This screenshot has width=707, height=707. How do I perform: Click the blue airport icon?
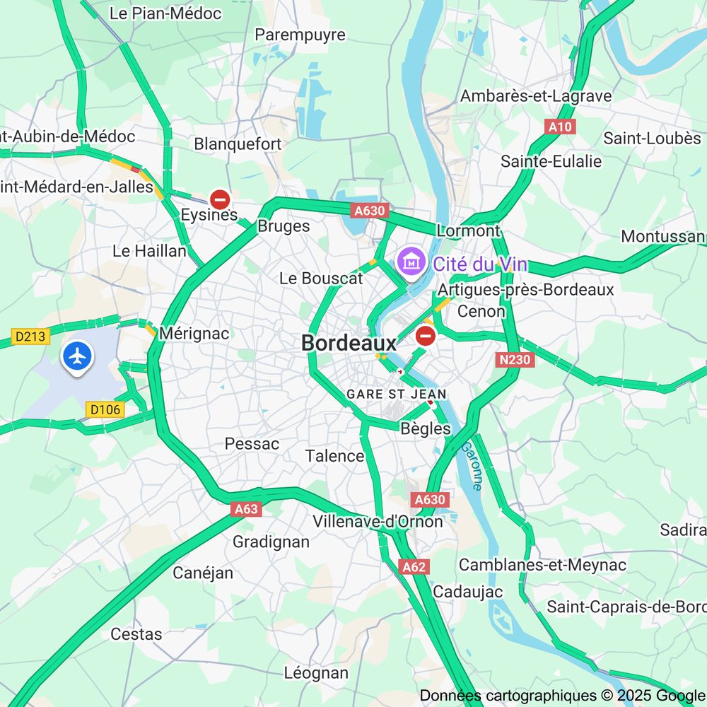tap(78, 356)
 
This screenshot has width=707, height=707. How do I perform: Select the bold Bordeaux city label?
tap(349, 343)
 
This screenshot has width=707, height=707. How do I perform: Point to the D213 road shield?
tap(31, 336)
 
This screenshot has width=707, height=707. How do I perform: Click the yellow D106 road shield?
tap(106, 409)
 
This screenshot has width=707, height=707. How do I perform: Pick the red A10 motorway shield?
tap(560, 127)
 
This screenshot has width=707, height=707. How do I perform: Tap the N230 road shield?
tap(514, 360)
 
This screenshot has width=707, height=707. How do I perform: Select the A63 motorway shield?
tap(246, 509)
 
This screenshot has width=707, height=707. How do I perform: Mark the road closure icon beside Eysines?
tap(220, 199)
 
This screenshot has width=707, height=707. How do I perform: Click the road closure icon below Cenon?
tap(425, 335)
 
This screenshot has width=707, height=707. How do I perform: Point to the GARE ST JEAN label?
tap(396, 394)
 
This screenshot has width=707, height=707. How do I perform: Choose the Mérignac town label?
tap(194, 333)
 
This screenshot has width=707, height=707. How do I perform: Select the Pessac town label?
tap(252, 444)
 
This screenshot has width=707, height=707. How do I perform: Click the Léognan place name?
tap(316, 672)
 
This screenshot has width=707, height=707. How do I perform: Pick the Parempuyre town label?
tap(300, 35)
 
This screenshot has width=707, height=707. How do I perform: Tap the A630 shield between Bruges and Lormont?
tap(370, 210)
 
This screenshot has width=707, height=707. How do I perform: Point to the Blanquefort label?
tap(238, 144)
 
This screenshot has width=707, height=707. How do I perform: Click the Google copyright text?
tap(562, 696)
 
